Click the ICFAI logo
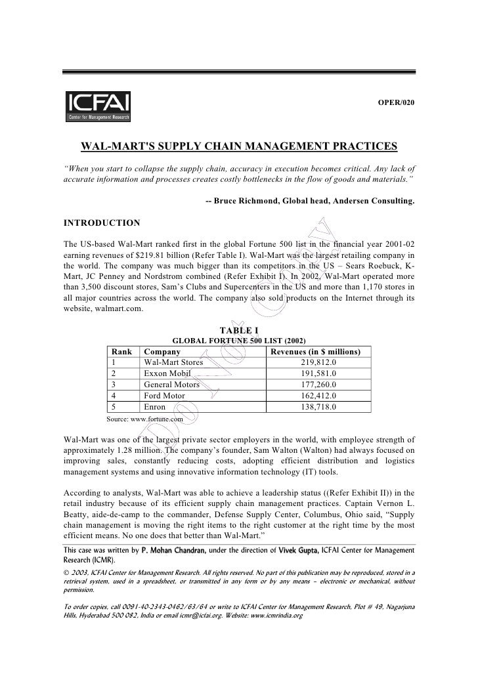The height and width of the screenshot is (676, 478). (x=98, y=106)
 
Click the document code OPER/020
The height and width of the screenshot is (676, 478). (x=395, y=104)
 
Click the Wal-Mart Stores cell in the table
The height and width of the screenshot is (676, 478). (x=173, y=362)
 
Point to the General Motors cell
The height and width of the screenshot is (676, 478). (x=173, y=385)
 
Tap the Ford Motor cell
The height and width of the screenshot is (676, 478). (x=164, y=396)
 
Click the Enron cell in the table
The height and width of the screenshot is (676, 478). (x=155, y=407)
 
